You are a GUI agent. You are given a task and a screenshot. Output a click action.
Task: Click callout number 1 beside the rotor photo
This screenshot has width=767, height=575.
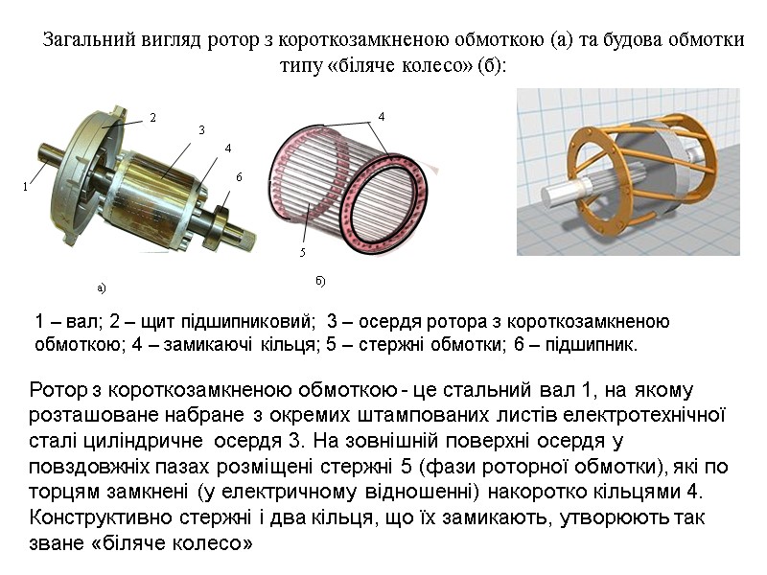pyautogui.click(x=27, y=188)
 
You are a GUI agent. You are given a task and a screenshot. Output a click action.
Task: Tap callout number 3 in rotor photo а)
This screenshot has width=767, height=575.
pyautogui.click(x=201, y=129)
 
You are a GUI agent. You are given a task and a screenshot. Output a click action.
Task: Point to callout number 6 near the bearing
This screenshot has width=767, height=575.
pyautogui.click(x=239, y=178)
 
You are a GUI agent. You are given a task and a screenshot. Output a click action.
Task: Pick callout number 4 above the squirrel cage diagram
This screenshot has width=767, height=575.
pyautogui.click(x=382, y=116)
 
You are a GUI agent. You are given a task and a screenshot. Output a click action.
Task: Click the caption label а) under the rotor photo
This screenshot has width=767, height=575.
pyautogui.click(x=100, y=287)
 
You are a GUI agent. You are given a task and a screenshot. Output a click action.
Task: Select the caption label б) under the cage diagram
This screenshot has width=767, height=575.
pyautogui.click(x=320, y=280)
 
